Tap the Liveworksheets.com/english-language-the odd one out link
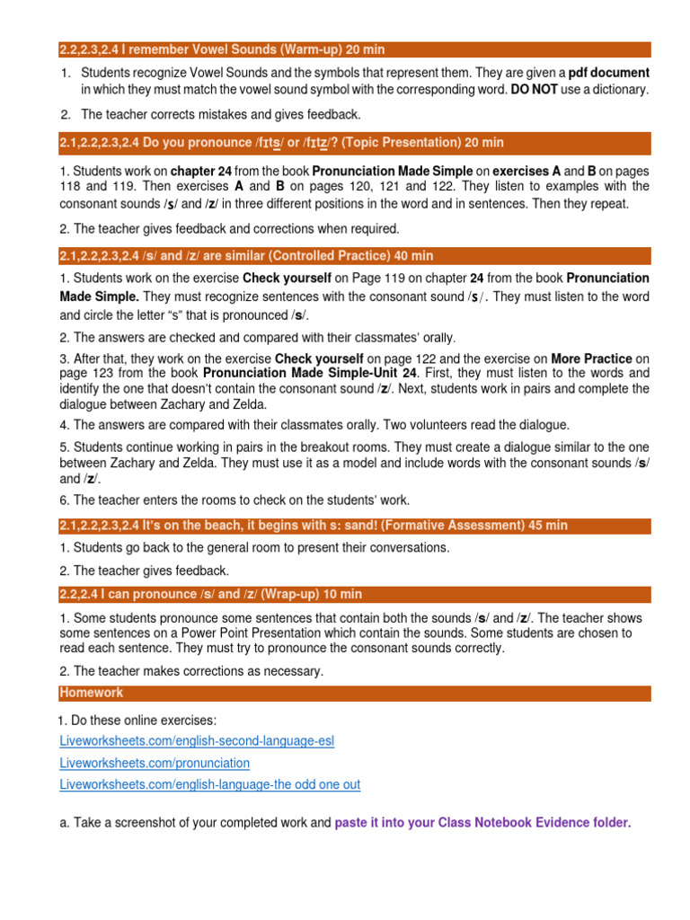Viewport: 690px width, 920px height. click(209, 784)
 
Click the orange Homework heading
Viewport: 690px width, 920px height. click(92, 693)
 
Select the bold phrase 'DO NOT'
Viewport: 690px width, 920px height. click(535, 90)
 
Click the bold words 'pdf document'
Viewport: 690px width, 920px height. click(608, 72)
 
